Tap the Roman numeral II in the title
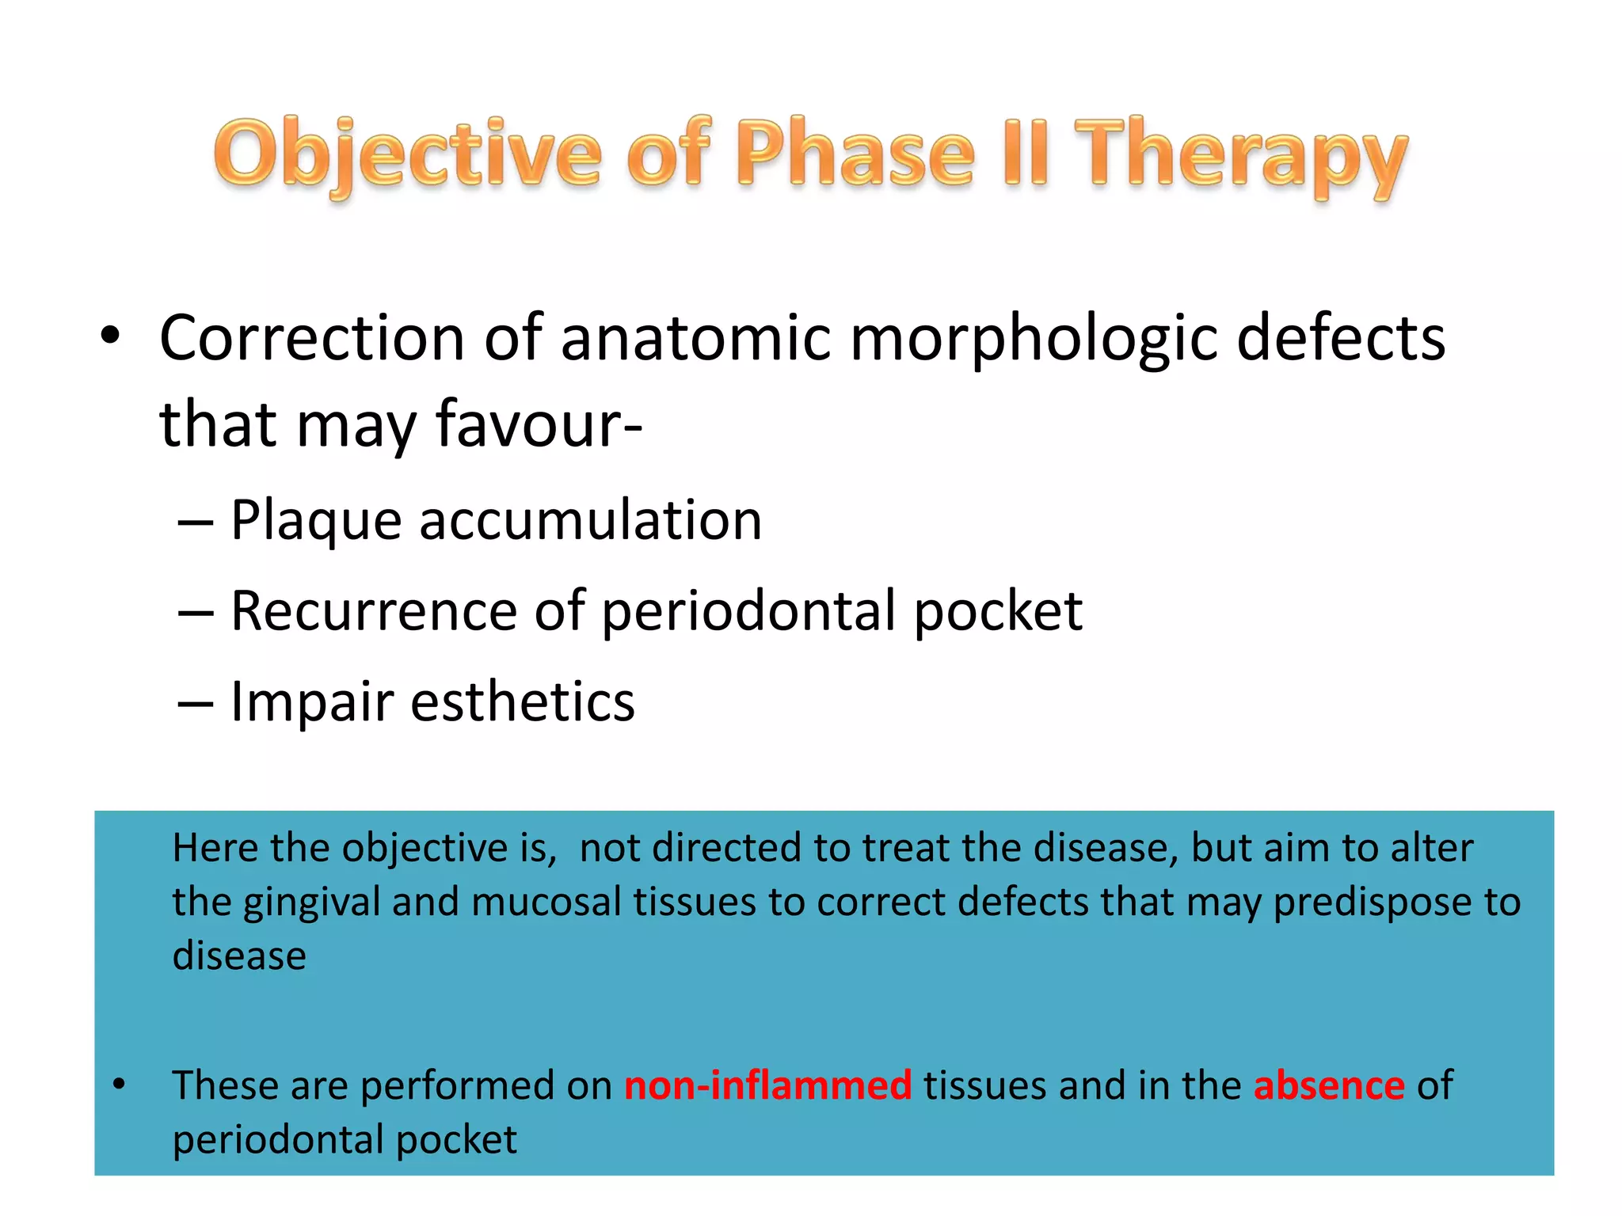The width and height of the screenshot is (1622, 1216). (1026, 153)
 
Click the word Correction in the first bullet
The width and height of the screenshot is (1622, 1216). (312, 338)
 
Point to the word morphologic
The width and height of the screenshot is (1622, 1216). (1034, 338)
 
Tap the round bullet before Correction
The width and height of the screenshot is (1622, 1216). (110, 336)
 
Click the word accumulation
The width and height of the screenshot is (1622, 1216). (590, 521)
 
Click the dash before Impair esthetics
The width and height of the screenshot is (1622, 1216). (195, 703)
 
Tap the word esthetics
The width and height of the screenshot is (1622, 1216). (523, 702)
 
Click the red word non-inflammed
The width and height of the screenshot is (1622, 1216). (767, 1085)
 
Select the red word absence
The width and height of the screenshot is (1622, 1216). (1329, 1085)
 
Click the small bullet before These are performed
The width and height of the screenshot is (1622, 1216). (119, 1084)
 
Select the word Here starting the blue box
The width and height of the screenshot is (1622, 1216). (215, 848)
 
